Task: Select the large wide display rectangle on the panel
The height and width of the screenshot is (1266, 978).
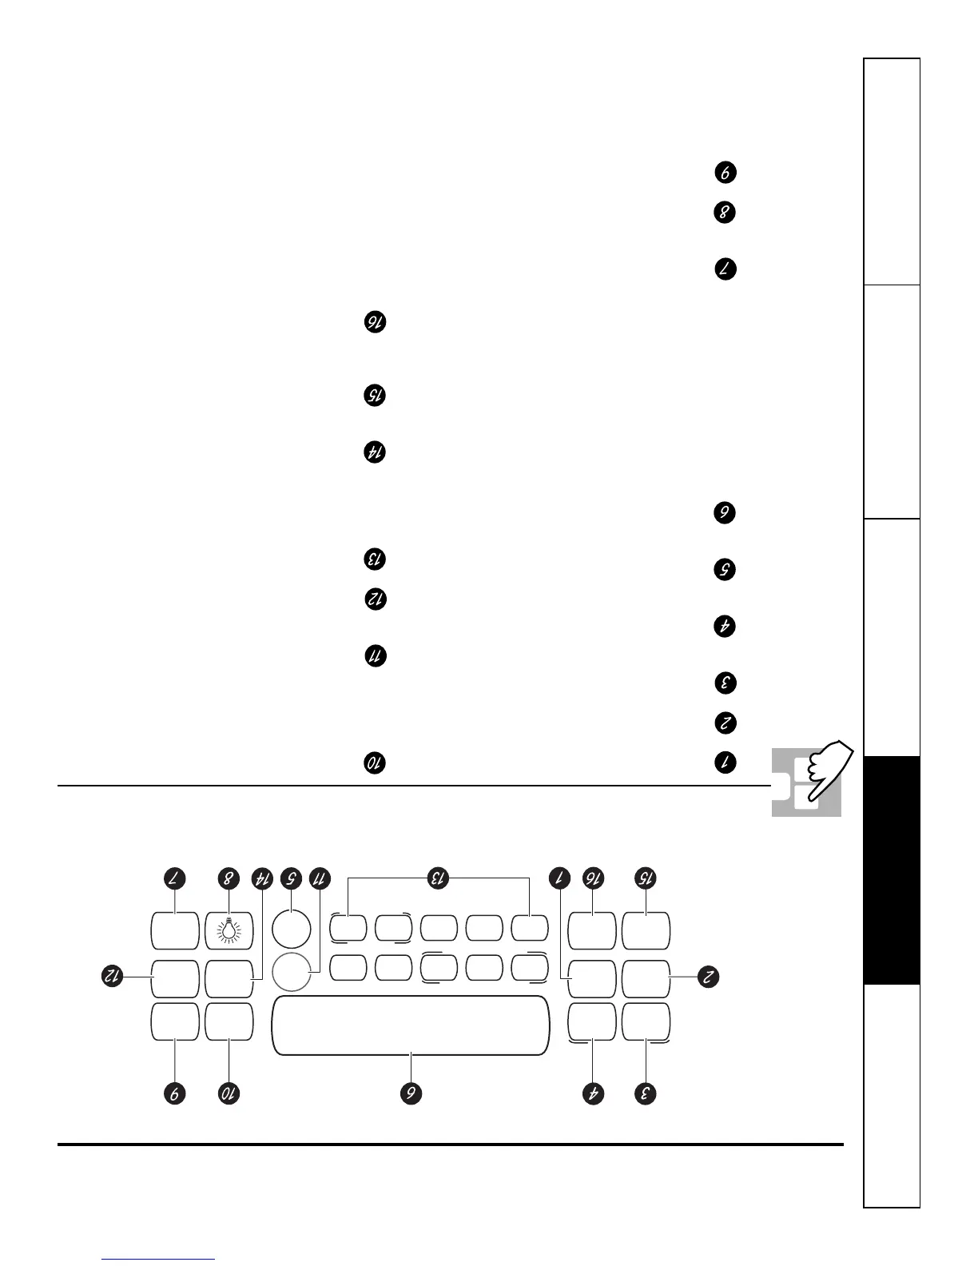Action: click(x=411, y=1025)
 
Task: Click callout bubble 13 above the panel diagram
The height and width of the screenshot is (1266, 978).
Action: click(x=437, y=878)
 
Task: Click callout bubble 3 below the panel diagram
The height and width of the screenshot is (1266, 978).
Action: click(x=646, y=1093)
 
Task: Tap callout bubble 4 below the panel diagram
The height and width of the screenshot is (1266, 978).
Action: click(x=594, y=1093)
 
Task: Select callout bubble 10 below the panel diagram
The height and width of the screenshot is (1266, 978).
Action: click(x=229, y=1093)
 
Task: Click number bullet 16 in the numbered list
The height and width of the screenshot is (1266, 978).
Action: click(x=375, y=322)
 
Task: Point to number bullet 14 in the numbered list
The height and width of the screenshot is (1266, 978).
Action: click(x=375, y=452)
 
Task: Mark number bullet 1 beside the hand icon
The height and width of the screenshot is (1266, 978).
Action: click(x=725, y=762)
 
